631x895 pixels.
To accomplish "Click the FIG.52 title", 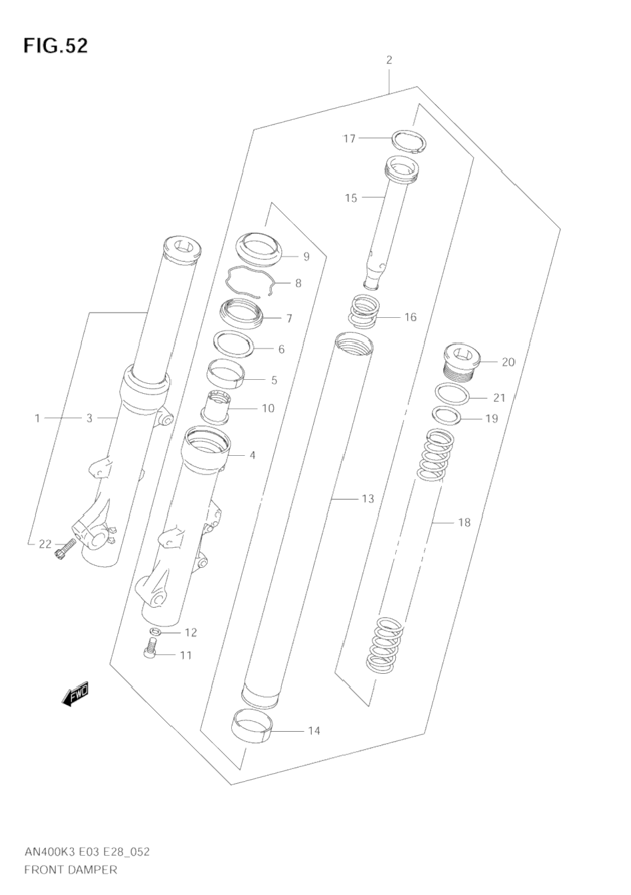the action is [55, 46].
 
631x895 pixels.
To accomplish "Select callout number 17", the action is [349, 139].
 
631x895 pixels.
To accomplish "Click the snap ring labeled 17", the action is [409, 141].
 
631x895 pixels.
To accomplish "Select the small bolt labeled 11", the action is [149, 648].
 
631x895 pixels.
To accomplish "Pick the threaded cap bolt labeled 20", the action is [462, 362].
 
